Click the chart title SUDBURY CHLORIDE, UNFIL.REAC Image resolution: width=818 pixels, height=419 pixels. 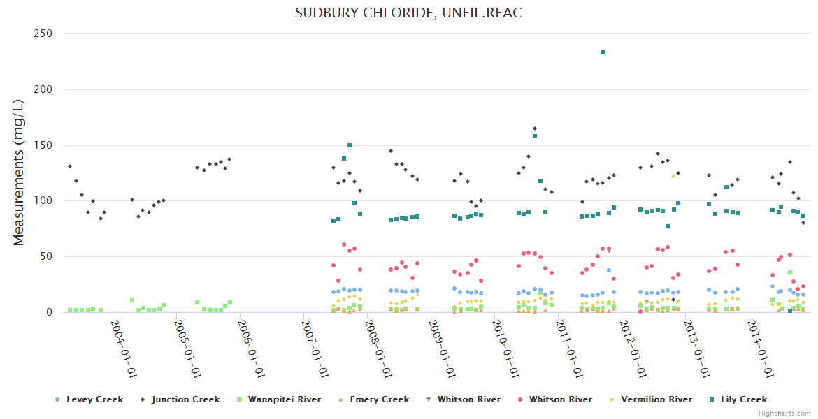click(408, 13)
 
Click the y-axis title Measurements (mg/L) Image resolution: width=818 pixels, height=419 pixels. click(19, 172)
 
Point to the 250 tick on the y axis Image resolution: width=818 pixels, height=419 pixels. click(44, 34)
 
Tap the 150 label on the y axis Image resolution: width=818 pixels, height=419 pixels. click(44, 145)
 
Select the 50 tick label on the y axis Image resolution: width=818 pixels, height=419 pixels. click(47, 256)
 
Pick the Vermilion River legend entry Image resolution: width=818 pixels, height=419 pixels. click(655, 399)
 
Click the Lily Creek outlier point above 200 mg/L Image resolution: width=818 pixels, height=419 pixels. click(603, 52)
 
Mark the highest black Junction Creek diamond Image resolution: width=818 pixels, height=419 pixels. click(535, 128)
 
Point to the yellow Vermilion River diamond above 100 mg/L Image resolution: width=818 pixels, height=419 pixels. click(673, 176)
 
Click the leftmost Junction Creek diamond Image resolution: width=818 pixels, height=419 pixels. click(70, 166)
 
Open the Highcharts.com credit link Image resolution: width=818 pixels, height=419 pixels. click(784, 413)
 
